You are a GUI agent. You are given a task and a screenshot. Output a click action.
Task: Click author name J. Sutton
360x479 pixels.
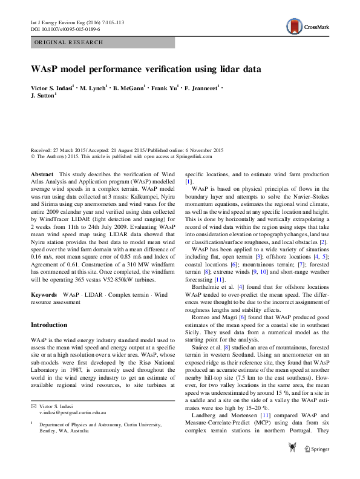[x=43, y=96]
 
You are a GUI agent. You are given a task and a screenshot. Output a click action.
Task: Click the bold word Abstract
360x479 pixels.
[x=42, y=174]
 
